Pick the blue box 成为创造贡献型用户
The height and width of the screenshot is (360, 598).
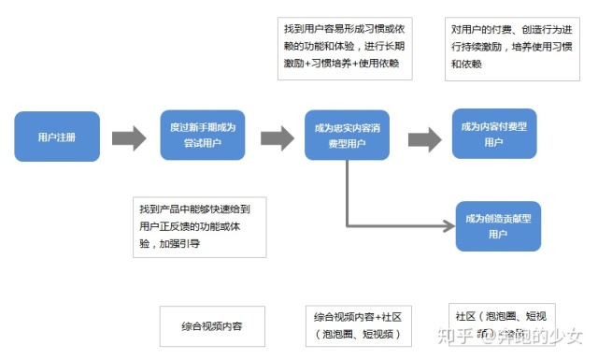coord(498,225)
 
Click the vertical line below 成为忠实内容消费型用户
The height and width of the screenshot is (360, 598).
coord(347,192)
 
